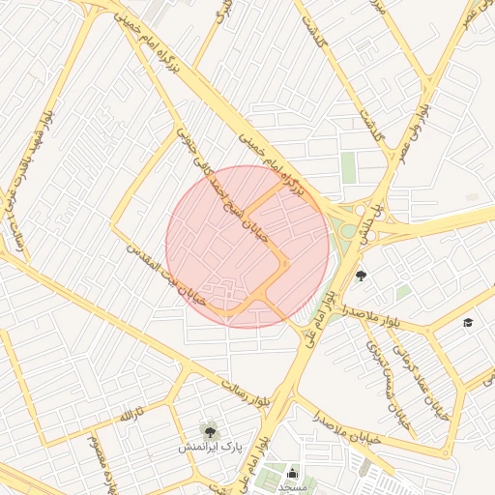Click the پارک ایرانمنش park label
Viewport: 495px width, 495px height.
point(208,449)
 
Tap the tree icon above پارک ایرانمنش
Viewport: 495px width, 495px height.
point(208,428)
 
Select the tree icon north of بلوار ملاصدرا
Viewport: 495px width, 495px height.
point(362,276)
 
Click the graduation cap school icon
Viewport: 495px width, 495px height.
point(469,322)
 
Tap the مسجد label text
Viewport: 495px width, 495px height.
point(292,488)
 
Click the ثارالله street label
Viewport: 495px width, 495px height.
point(131,414)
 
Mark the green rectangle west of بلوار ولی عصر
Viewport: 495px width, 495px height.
point(348,167)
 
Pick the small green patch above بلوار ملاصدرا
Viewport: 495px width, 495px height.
point(403,291)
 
